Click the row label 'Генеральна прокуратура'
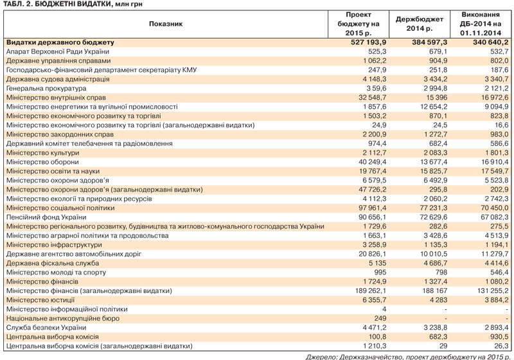tap(44, 88)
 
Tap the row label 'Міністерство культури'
tap(42, 153)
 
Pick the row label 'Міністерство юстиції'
tap(41, 300)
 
